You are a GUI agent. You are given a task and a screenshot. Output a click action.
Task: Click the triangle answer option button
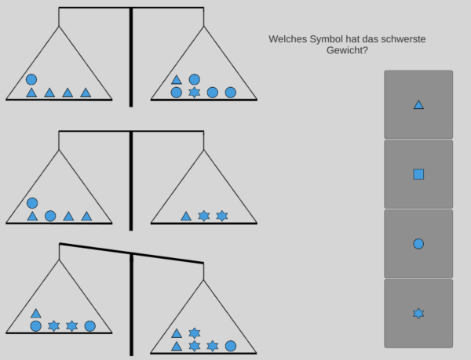418,104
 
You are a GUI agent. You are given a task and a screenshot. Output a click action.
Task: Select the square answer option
418,173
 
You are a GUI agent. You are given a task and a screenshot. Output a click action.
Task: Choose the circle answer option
418,243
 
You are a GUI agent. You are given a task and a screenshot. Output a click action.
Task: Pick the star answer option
418,313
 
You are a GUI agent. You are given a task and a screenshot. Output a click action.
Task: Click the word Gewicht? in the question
347,50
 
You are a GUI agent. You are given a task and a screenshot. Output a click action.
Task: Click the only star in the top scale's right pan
195,93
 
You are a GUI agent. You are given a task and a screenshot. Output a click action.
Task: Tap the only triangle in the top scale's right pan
177,79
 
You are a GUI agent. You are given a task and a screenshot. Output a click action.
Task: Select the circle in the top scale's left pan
31,79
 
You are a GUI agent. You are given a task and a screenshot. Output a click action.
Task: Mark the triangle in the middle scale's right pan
186,216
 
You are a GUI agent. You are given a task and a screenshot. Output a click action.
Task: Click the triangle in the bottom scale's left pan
35,313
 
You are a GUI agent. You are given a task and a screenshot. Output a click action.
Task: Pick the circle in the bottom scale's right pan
231,346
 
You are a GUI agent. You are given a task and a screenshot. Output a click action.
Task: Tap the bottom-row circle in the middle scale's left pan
50,216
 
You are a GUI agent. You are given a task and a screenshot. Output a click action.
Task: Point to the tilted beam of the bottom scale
131,253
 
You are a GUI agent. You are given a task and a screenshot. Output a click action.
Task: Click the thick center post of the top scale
131,55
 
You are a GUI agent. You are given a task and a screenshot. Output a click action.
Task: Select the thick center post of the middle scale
131,180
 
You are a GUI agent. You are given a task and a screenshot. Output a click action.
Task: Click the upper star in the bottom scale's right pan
195,333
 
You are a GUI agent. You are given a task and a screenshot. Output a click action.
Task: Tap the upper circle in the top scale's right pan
195,79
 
